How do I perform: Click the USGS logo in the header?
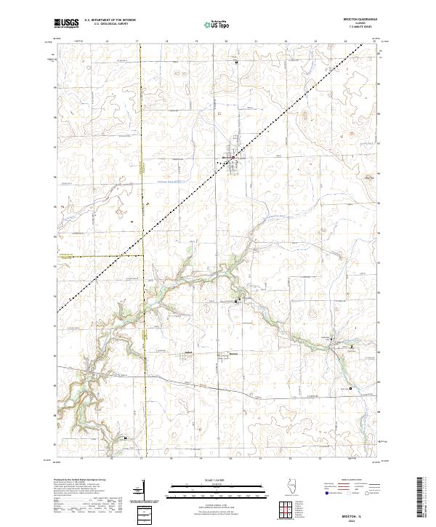point(66,23)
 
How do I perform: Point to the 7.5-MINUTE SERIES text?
point(366,28)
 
